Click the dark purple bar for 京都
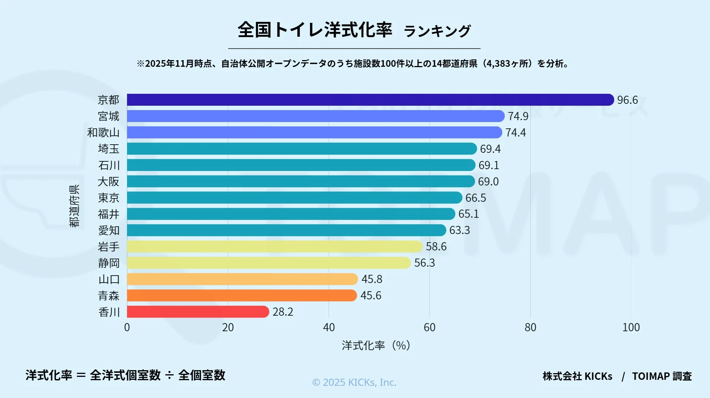(370, 100)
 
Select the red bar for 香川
(198, 312)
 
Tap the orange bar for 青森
(241, 295)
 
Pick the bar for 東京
(294, 198)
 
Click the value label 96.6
(627, 100)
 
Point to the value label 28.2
(283, 312)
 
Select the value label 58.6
(436, 247)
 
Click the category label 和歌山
(103, 132)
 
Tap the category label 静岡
(109, 263)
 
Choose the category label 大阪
(109, 181)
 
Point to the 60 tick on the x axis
(430, 328)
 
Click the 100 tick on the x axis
(631, 328)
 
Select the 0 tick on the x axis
(127, 328)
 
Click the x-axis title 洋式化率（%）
(376, 345)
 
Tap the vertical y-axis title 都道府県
(74, 206)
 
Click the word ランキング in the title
(437, 31)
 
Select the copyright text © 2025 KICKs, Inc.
(354, 382)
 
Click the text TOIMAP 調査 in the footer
(662, 376)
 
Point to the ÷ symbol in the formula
(169, 375)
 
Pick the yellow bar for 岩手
(274, 247)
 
